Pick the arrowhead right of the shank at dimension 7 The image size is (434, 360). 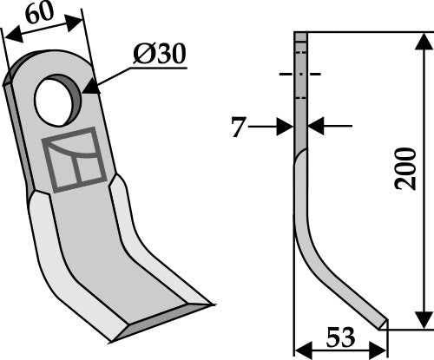pos(315,128)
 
